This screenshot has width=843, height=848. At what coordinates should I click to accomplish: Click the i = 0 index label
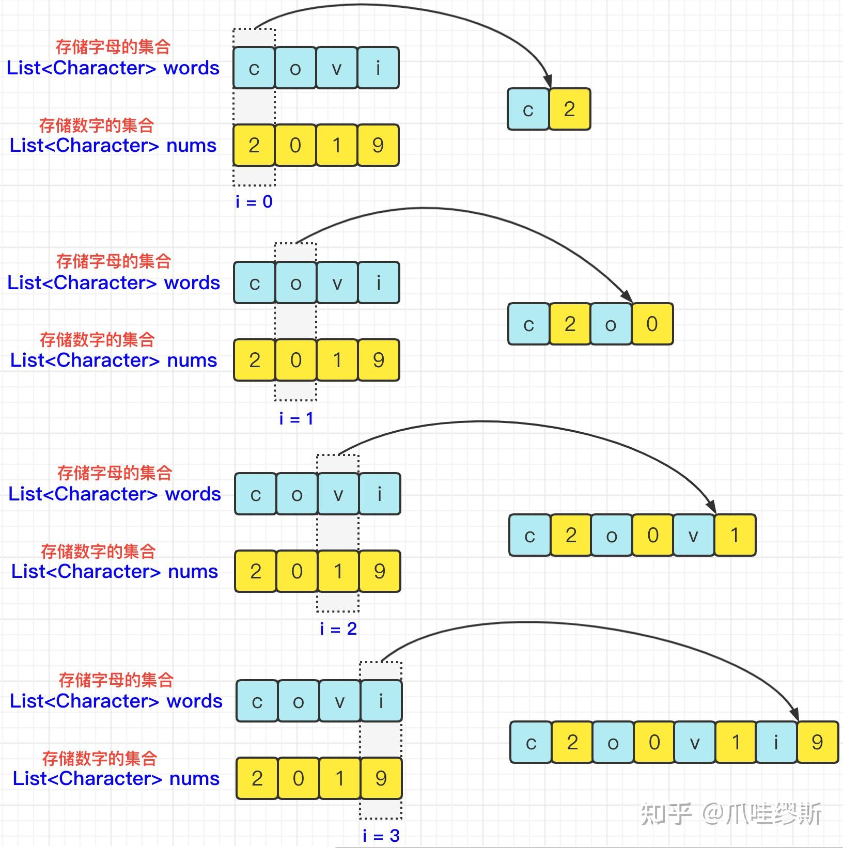tap(254, 201)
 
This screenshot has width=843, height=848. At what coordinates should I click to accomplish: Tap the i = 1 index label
tap(296, 418)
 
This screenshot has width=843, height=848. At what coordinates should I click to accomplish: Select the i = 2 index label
tap(338, 629)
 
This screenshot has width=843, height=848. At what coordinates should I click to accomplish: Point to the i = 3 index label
tap(381, 835)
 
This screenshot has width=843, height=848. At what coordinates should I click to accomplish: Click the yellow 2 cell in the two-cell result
tap(569, 109)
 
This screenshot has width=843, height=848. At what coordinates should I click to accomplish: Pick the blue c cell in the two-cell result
tap(528, 109)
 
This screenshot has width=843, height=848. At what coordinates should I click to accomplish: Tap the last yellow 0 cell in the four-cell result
tap(652, 324)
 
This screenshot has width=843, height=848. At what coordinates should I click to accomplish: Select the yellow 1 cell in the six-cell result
tap(735, 535)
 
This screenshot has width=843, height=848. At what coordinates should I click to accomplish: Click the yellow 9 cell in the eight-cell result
tap(817, 742)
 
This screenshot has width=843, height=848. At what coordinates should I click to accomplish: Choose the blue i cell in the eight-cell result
tap(776, 742)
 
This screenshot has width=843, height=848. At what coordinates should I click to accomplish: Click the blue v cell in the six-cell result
tap(693, 535)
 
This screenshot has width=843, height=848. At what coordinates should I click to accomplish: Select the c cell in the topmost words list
tap(254, 68)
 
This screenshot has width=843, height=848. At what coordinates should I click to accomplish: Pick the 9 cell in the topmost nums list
tap(378, 145)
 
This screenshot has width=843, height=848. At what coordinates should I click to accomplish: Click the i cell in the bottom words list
tap(381, 701)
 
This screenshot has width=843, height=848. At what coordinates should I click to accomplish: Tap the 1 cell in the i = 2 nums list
tap(338, 571)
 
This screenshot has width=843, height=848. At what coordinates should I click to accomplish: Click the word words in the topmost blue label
tap(191, 68)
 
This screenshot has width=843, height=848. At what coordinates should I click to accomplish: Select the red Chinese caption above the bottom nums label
tap(99, 758)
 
